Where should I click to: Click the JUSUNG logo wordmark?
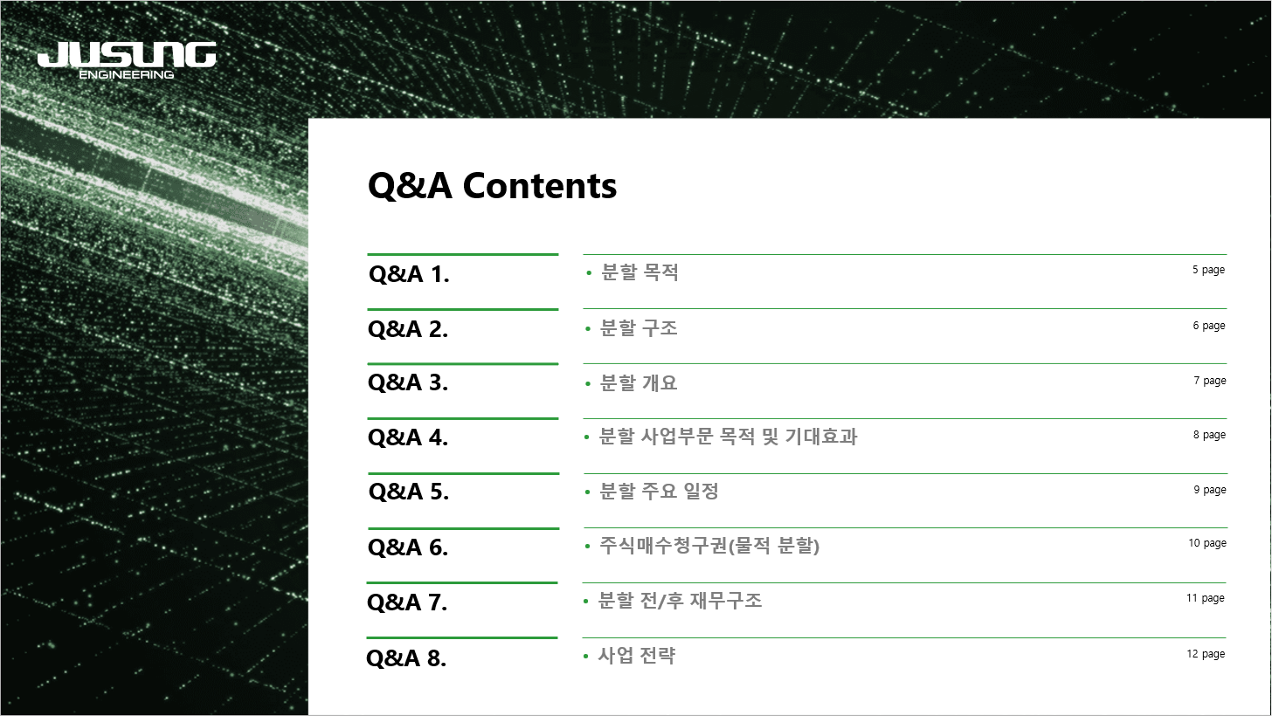tap(127, 54)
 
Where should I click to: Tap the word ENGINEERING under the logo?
tap(127, 74)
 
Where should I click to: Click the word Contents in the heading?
tap(540, 185)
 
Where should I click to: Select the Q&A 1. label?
tap(409, 274)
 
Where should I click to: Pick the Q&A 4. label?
tap(408, 437)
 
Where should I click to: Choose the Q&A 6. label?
tap(408, 547)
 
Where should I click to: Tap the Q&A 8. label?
tap(406, 658)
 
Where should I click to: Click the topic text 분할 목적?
tap(639, 272)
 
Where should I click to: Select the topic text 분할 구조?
tap(639, 327)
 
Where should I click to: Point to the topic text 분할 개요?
tap(639, 382)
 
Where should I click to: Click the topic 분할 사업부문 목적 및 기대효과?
tap(728, 437)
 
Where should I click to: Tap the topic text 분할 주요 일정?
tap(660, 491)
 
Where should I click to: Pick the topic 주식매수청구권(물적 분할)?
tap(709, 546)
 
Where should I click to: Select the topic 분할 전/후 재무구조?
tap(680, 600)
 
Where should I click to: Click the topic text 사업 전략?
tap(637, 655)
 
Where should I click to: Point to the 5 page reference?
tap(1208, 270)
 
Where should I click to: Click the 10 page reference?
tap(1207, 543)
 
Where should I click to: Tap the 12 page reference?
tap(1206, 654)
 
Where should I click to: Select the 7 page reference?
tap(1209, 381)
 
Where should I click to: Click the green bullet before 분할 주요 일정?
tap(588, 492)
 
